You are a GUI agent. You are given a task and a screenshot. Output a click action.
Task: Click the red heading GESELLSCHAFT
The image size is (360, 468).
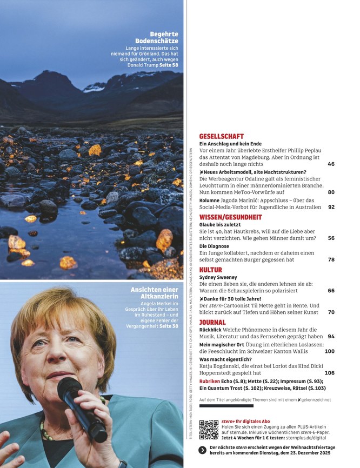(x=221, y=137)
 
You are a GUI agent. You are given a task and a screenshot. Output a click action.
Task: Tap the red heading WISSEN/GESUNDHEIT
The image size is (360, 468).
(x=230, y=217)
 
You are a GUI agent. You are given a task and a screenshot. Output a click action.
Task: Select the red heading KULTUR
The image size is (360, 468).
(x=211, y=270)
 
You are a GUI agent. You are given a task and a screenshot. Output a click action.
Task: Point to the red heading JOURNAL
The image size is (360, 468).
(x=212, y=322)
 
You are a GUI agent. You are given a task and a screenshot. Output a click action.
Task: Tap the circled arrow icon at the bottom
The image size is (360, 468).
(x=202, y=450)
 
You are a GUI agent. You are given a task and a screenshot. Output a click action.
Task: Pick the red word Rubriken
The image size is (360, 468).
(x=210, y=382)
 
